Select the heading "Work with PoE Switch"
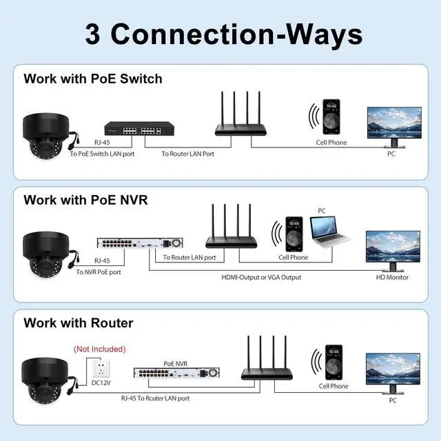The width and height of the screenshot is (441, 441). (x=93, y=78)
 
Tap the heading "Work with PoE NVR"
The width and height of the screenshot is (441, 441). (x=85, y=200)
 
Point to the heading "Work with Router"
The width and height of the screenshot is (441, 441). (x=79, y=322)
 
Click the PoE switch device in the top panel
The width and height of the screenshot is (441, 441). (x=133, y=128)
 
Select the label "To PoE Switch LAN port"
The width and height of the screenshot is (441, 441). (x=102, y=154)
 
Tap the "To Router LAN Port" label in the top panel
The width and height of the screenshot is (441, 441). (x=187, y=154)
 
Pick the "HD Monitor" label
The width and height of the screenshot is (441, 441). (x=392, y=277)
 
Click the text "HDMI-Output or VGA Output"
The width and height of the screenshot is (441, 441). (x=260, y=277)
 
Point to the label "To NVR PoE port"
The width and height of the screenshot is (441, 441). (x=99, y=272)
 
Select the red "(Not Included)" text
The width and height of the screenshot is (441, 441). (x=99, y=349)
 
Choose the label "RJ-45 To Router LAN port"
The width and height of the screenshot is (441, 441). (x=155, y=398)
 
